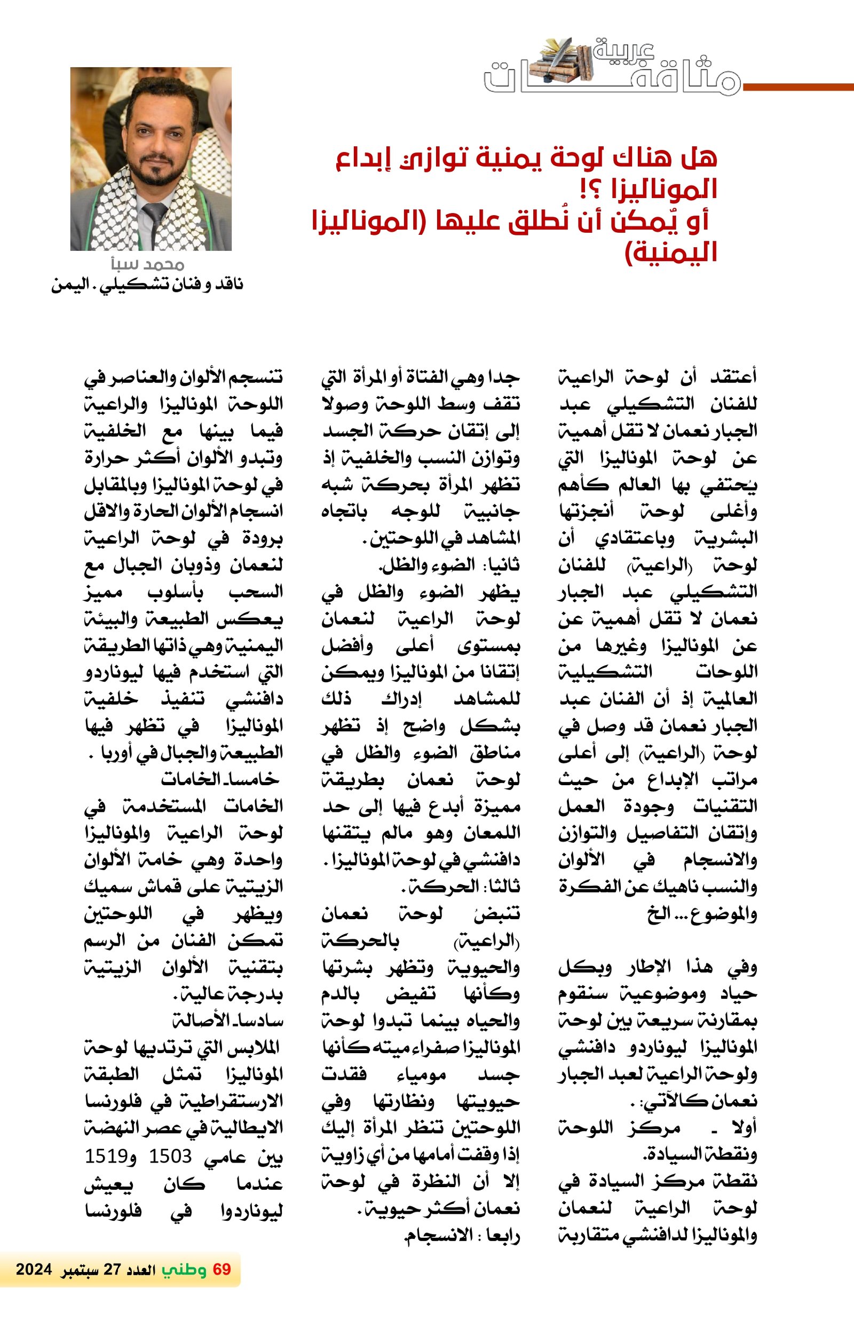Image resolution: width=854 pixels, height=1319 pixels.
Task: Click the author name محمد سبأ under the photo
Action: (x=147, y=264)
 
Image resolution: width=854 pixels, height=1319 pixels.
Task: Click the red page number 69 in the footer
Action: (x=222, y=1269)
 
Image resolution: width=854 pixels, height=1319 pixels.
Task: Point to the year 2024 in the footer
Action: (x=34, y=1270)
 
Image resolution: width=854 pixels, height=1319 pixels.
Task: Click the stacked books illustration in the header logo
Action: (x=560, y=61)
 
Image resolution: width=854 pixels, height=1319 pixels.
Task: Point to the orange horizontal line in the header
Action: (x=798, y=87)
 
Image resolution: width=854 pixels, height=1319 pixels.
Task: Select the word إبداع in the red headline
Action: (x=363, y=159)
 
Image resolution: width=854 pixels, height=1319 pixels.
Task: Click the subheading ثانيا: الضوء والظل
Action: (x=449, y=565)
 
